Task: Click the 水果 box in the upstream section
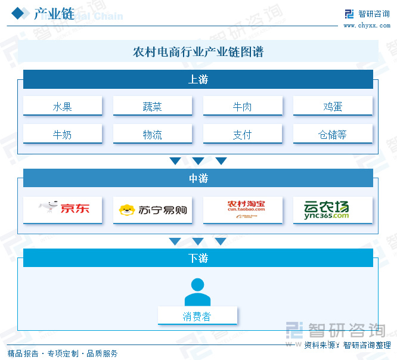point(63,107)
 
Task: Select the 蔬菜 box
point(153,107)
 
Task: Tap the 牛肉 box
point(243,107)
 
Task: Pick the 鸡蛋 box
point(333,107)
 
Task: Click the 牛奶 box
point(63,135)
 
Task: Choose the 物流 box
point(153,135)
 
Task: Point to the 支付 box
point(243,135)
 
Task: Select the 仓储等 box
point(333,135)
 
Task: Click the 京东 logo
point(63,209)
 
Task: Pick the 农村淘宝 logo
point(243,209)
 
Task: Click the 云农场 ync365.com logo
point(333,209)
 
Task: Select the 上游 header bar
point(198,79)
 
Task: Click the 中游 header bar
point(198,178)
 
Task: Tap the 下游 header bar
point(198,258)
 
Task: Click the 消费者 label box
point(197,316)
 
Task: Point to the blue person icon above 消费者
point(197,292)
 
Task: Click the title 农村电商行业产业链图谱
point(198,52)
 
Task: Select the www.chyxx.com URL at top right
point(367,25)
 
